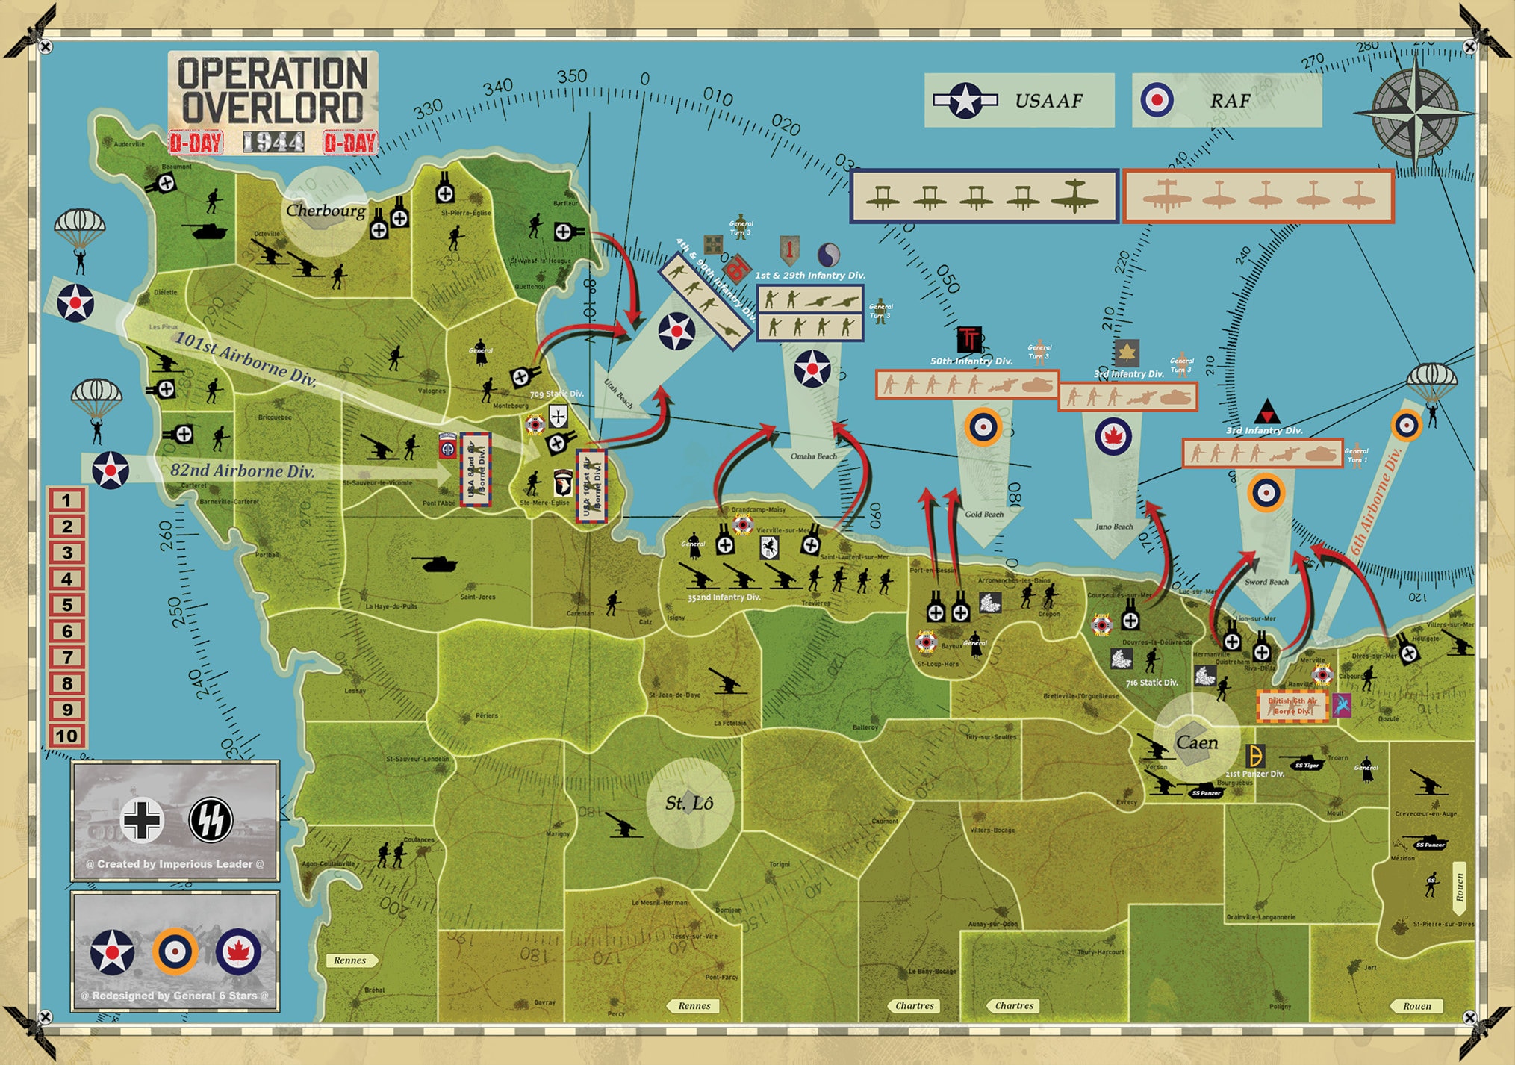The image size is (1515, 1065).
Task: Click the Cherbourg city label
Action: [326, 211]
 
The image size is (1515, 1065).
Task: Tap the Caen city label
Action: [1196, 742]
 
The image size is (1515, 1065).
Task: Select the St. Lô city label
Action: [688, 803]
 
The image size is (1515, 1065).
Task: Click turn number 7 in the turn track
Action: [66, 657]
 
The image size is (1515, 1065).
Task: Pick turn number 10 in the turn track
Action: [66, 736]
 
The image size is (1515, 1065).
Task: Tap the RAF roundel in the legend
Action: [1157, 99]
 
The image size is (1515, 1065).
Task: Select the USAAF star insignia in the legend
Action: [965, 100]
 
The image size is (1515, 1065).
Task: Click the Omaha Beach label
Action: [813, 456]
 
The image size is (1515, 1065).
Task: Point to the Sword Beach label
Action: [1266, 582]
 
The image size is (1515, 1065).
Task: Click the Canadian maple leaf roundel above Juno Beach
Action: [1113, 436]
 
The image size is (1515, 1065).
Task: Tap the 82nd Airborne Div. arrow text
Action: [242, 471]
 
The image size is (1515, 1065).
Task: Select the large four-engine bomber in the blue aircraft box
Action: [1074, 196]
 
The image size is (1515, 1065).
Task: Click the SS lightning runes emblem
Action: [211, 819]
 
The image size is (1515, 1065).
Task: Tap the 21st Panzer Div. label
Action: [1254, 774]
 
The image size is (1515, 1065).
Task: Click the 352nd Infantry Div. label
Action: [724, 597]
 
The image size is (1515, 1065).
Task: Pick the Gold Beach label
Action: [983, 514]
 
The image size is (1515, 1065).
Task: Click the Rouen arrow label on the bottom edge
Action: [1416, 1006]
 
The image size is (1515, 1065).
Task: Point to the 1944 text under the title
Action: [273, 142]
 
